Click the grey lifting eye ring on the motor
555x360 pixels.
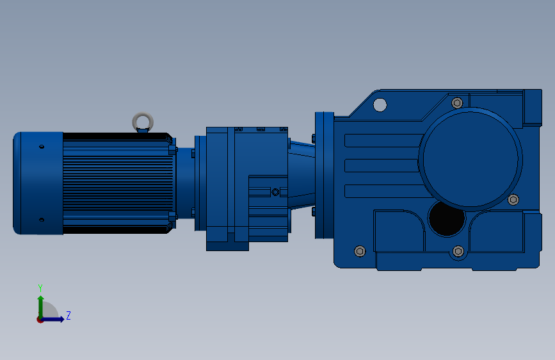pos(143,120)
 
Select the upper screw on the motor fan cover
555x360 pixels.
pos(42,147)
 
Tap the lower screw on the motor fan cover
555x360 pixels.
pos(42,220)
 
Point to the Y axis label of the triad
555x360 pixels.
pos(40,288)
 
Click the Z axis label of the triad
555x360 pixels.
pos(68,316)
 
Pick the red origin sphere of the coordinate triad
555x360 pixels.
pos(40,319)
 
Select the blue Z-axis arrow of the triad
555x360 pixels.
pos(55,319)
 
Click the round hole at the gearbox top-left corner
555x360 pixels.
pos(380,104)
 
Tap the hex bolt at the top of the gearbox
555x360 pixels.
pos(457,102)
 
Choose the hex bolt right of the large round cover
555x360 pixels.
pos(513,199)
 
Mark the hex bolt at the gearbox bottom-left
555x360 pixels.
pos(359,251)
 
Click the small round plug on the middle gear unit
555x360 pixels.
pos(275,192)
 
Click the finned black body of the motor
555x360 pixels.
pos(118,183)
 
